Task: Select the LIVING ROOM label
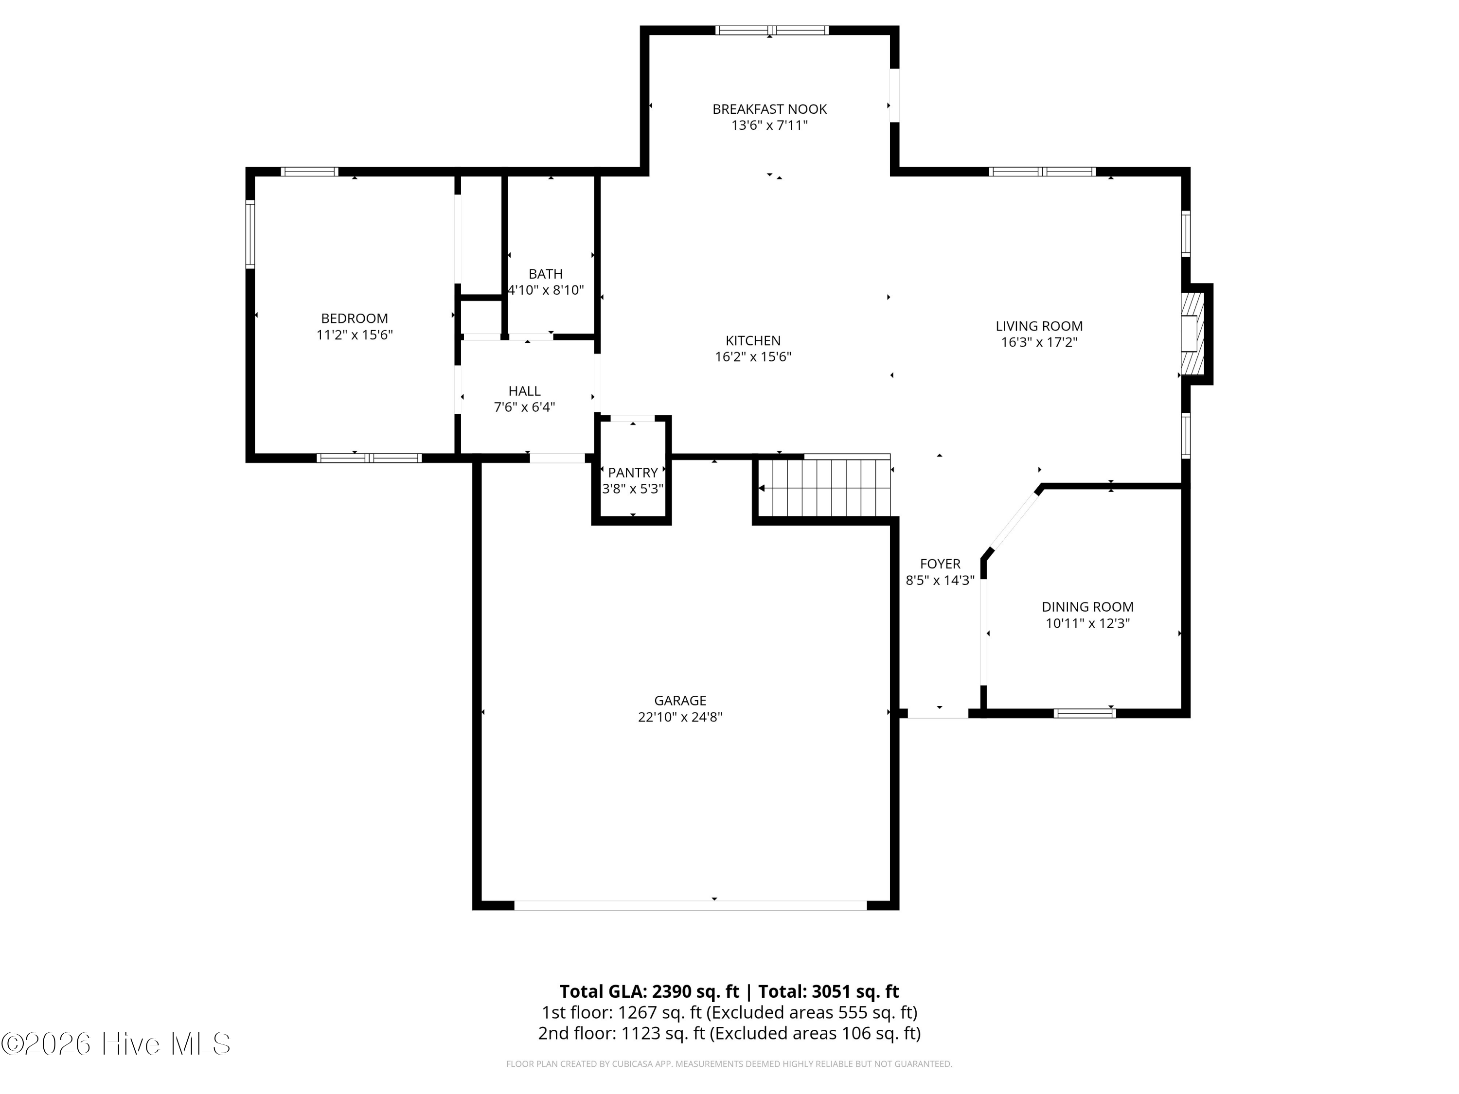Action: (x=1039, y=326)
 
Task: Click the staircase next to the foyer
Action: (x=824, y=488)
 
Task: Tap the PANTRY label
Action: (x=633, y=472)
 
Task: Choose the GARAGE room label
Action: (x=680, y=700)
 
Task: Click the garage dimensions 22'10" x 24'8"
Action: (x=680, y=717)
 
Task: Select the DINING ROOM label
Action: (x=1087, y=607)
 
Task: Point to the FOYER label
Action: (x=940, y=564)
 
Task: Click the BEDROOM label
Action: (x=354, y=318)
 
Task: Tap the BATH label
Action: (x=546, y=274)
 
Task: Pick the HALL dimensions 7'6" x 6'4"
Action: (x=524, y=407)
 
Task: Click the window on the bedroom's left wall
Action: (x=250, y=234)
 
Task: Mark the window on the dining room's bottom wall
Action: (x=1085, y=713)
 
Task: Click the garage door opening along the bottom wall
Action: (x=690, y=905)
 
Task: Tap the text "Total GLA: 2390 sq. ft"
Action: (x=649, y=991)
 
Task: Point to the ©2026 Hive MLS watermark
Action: (x=116, y=1044)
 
